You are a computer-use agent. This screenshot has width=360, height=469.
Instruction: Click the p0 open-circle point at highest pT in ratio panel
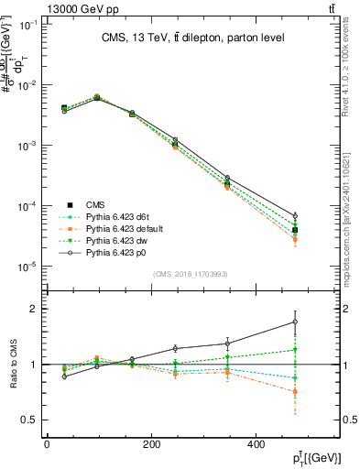[294, 322]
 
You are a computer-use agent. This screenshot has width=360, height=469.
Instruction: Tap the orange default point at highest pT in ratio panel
[294, 391]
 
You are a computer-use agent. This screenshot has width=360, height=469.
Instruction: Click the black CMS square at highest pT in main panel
[294, 230]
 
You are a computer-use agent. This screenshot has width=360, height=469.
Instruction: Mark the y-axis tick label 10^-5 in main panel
[27, 267]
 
